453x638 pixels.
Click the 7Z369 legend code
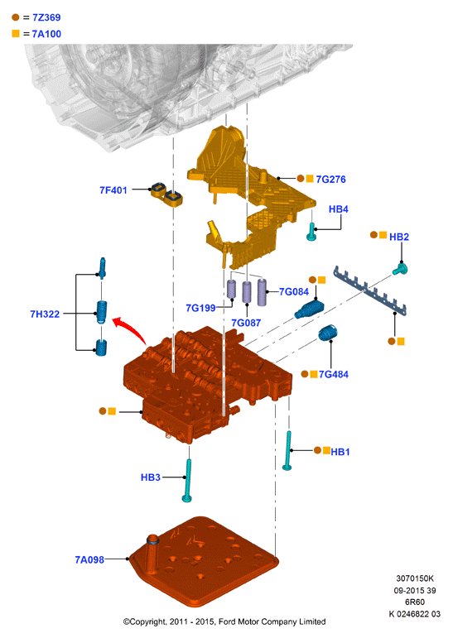click(x=46, y=17)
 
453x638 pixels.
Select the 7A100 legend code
click(x=46, y=34)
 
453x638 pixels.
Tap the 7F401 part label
click(x=113, y=190)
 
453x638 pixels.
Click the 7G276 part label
click(x=330, y=179)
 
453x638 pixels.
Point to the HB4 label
click(x=339, y=209)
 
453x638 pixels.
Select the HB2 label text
click(x=399, y=237)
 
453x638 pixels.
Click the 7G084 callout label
click(x=294, y=292)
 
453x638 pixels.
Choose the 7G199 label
click(x=200, y=308)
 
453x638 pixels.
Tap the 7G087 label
click(x=246, y=323)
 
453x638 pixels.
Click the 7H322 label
click(x=45, y=314)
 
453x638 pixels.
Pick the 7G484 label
click(x=334, y=374)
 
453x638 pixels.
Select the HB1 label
click(x=340, y=452)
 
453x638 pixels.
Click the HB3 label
click(x=151, y=477)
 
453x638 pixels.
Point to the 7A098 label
click(x=89, y=560)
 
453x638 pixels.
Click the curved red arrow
click(x=129, y=328)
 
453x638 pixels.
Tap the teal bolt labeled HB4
click(x=311, y=232)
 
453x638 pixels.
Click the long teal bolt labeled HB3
click(x=188, y=481)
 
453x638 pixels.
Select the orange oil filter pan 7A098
click(x=204, y=562)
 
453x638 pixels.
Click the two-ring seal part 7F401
click(x=167, y=194)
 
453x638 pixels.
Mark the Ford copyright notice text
click(x=224, y=621)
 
